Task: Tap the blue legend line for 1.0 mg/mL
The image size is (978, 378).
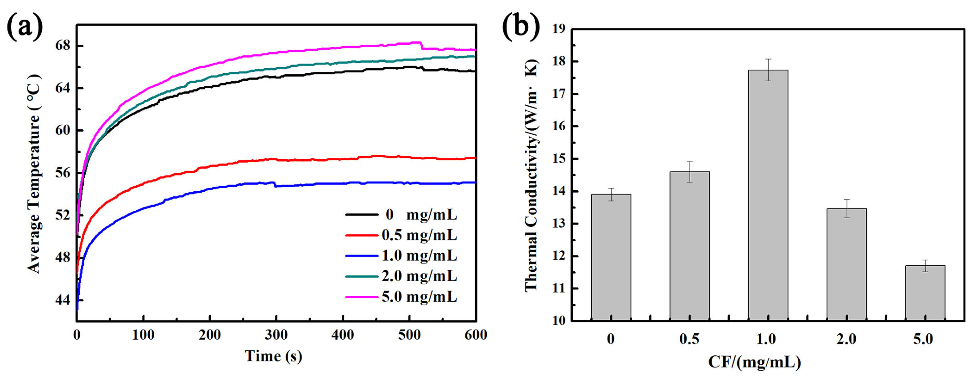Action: tap(361, 256)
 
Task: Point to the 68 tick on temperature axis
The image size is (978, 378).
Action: tap(63, 46)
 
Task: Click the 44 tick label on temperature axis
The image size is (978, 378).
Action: tap(63, 300)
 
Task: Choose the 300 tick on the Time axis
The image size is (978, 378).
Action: tap(276, 335)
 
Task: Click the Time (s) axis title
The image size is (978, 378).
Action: tap(273, 356)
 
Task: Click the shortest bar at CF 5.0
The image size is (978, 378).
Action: tap(925, 293)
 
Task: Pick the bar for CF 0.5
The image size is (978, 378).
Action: tap(689, 246)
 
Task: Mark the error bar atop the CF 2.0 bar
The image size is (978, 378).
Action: tap(846, 208)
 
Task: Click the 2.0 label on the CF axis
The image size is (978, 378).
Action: tap(846, 339)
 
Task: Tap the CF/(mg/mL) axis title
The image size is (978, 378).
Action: tap(754, 362)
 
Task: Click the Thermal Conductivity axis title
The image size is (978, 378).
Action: tap(532, 175)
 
